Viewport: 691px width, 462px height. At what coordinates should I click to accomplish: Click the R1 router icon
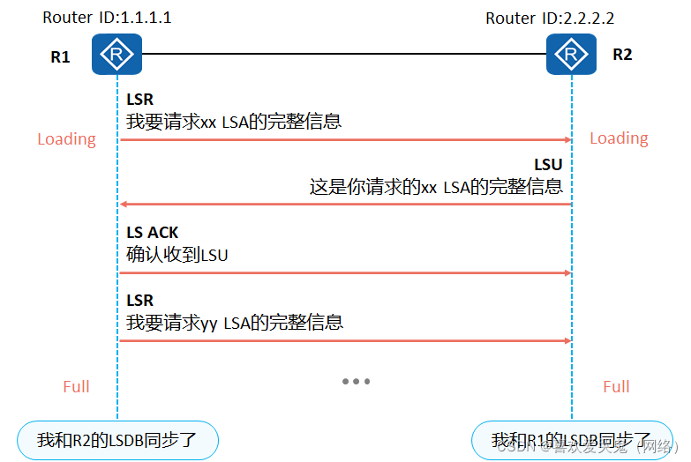116,55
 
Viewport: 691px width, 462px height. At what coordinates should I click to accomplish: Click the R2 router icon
571,55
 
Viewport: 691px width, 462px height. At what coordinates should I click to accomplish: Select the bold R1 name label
60,58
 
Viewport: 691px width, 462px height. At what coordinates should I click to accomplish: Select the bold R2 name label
622,55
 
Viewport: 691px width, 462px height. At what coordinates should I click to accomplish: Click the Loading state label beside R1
66,138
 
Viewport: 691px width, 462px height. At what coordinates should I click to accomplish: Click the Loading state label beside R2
619,138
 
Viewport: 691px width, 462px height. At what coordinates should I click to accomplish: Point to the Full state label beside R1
76,386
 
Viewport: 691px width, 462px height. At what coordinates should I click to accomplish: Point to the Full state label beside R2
616,386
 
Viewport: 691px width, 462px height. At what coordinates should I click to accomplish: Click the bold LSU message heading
547,165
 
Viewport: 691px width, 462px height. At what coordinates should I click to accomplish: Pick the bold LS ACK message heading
152,233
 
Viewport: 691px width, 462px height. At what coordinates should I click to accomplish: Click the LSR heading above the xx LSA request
139,100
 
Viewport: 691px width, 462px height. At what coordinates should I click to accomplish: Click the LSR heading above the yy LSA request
139,301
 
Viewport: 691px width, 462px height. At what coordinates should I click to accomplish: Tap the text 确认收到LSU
177,255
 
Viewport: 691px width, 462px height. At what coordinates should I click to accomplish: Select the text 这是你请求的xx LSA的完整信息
436,187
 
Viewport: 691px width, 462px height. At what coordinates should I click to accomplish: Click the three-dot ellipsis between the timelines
356,382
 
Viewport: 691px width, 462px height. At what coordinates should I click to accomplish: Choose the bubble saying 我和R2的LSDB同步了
117,439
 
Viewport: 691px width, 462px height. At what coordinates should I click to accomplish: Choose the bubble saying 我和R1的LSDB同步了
571,439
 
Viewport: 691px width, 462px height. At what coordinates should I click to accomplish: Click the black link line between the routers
344,54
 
